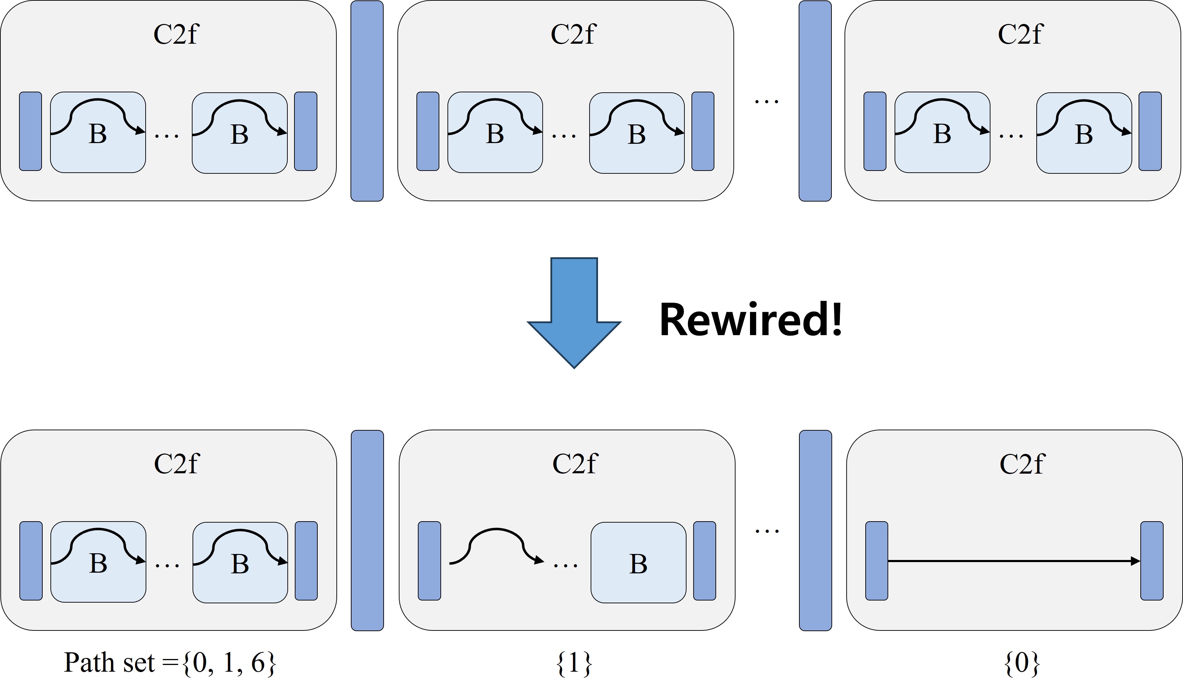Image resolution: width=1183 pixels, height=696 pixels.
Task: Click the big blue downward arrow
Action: click(574, 310)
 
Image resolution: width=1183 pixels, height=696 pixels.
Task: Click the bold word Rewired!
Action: click(750, 320)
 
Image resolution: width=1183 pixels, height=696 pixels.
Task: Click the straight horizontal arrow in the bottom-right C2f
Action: click(1014, 561)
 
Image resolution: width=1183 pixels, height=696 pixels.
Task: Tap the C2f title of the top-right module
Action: click(1020, 34)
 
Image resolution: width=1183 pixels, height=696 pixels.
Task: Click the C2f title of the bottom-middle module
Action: click(575, 464)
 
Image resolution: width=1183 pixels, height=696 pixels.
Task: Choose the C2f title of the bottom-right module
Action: click(1022, 464)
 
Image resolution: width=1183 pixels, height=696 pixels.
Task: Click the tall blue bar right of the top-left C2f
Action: click(367, 101)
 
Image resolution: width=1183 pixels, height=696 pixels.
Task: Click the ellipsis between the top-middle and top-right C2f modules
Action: click(766, 101)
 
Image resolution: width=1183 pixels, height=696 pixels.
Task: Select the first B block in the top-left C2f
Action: click(98, 133)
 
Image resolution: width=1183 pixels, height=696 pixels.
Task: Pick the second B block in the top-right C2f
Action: click(1084, 133)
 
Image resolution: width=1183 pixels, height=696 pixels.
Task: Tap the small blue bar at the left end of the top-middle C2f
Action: click(428, 131)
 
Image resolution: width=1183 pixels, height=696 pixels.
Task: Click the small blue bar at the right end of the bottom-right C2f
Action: click(1152, 561)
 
